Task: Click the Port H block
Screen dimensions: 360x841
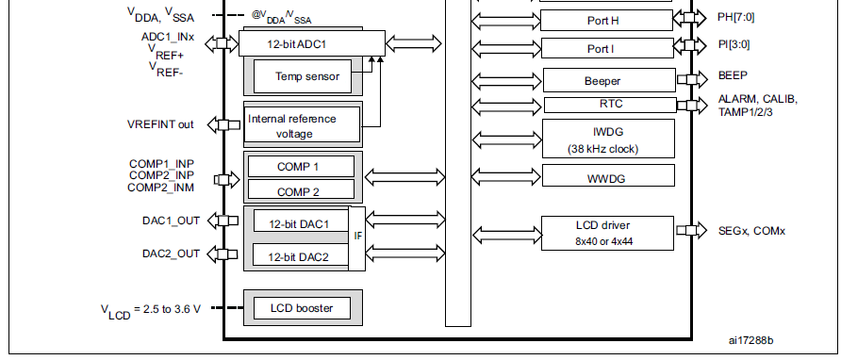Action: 607,19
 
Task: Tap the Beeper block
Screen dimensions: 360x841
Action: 607,80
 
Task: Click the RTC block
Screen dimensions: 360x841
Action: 607,104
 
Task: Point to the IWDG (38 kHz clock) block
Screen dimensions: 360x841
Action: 607,139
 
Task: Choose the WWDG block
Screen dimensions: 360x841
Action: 607,176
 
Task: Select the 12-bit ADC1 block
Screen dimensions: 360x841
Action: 312,42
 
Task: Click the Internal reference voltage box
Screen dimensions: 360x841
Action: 303,125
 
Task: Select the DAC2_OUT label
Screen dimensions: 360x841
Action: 171,254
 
